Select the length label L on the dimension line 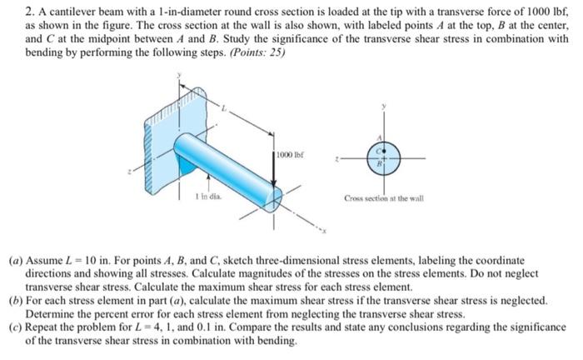tap(223, 107)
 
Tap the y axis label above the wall tap(178, 76)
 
